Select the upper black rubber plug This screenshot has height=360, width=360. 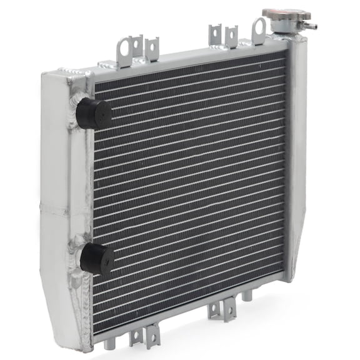(95, 113)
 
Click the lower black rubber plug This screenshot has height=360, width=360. (97, 257)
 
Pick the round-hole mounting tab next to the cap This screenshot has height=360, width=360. (258, 29)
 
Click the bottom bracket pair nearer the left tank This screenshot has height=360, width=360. (144, 334)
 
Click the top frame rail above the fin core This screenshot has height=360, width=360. (187, 59)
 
